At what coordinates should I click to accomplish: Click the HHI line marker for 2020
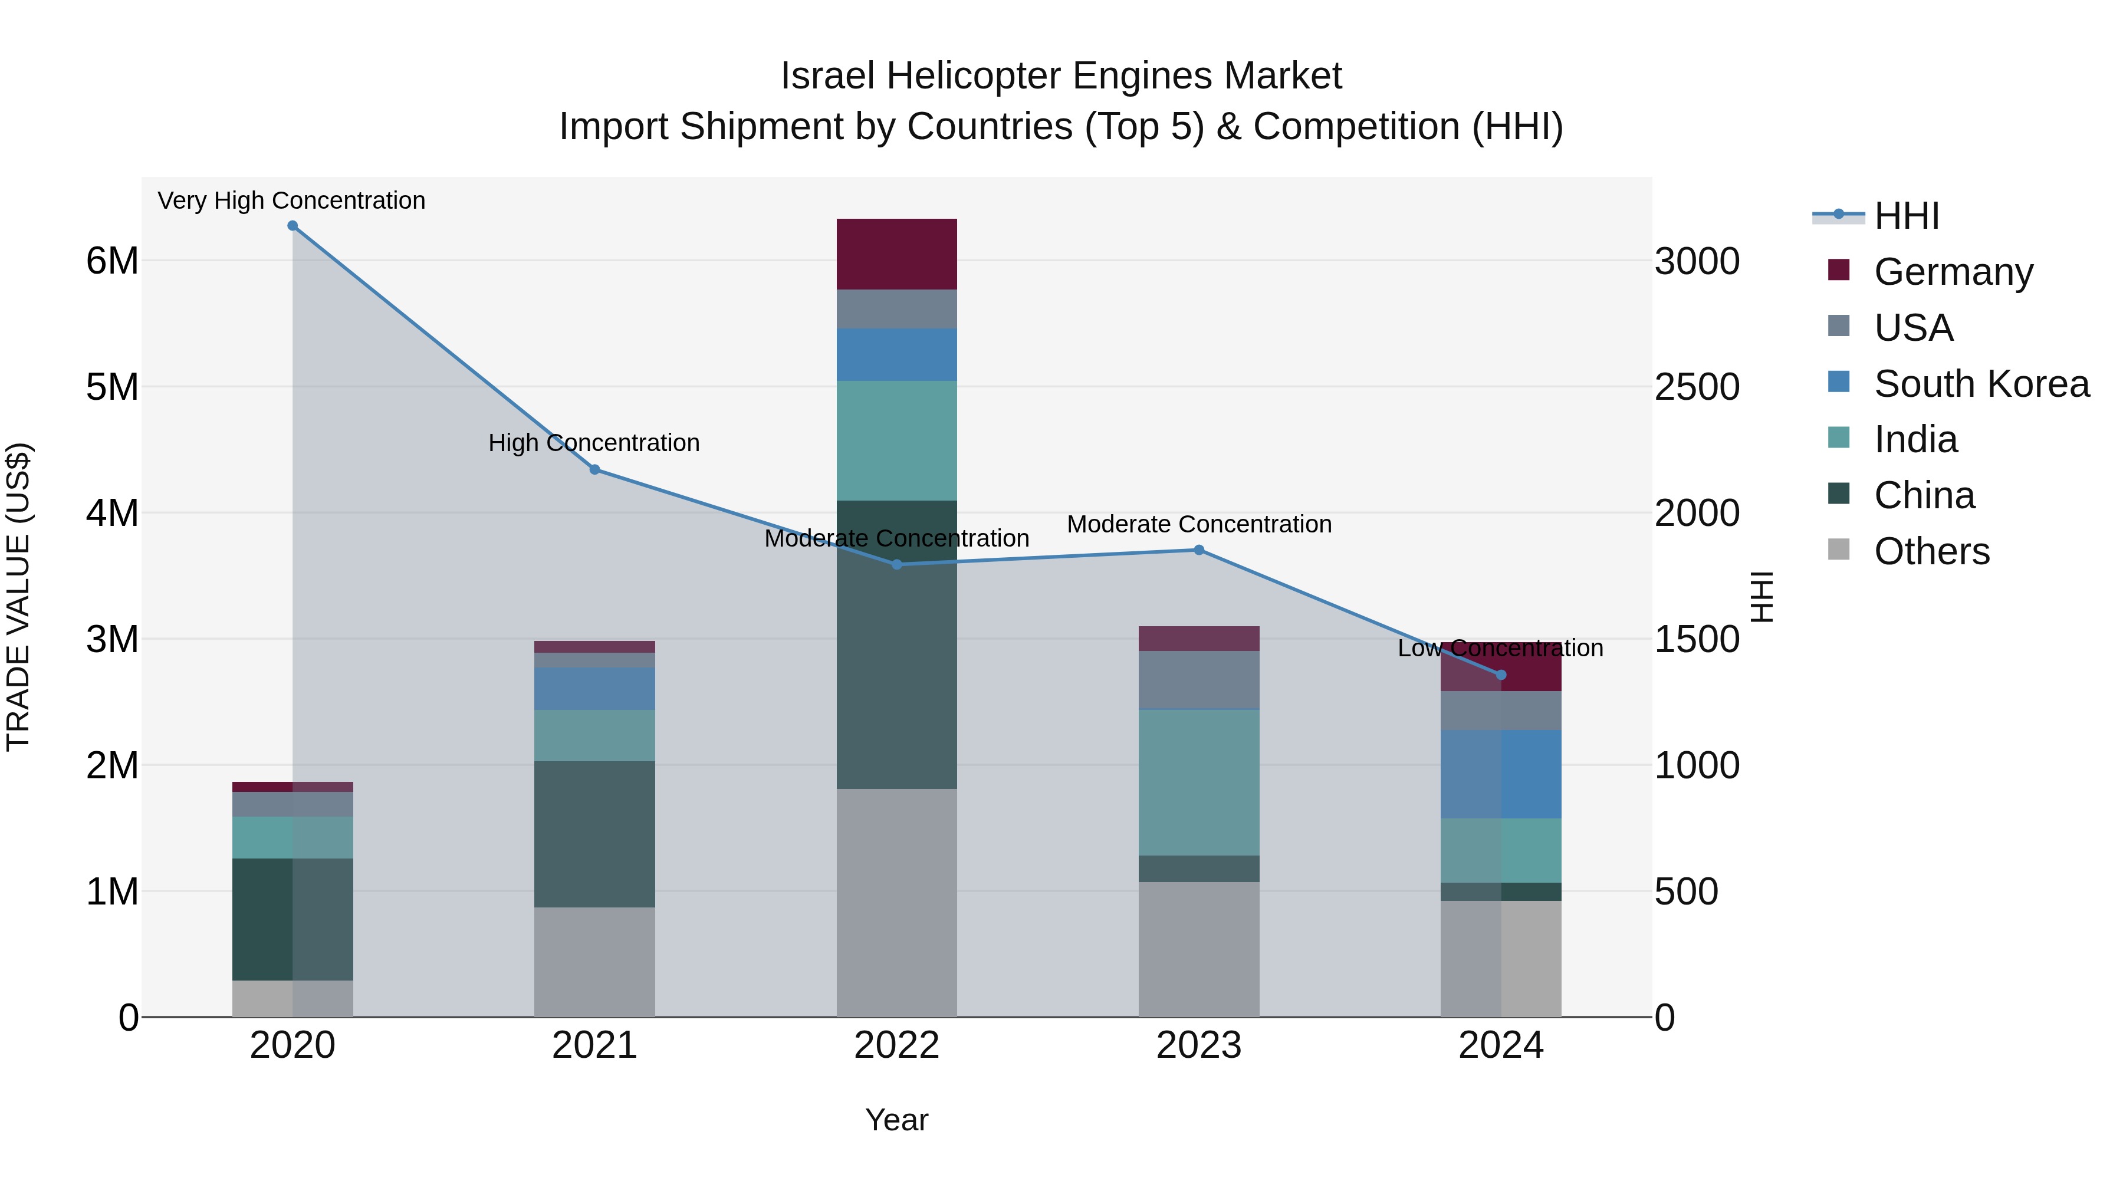(x=293, y=226)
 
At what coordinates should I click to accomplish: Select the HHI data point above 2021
(x=595, y=470)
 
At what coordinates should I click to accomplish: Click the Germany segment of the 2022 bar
(x=896, y=254)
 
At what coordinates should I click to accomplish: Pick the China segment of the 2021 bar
(x=595, y=834)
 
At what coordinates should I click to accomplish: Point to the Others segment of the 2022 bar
(x=896, y=902)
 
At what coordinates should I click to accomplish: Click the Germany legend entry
(x=1953, y=272)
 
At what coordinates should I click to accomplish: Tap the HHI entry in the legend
(x=1906, y=216)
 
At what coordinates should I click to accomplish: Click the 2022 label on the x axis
(x=896, y=1045)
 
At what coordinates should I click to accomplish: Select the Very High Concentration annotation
(x=292, y=200)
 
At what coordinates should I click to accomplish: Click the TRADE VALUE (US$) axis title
(x=18, y=597)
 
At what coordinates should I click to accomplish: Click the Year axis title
(x=896, y=1120)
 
